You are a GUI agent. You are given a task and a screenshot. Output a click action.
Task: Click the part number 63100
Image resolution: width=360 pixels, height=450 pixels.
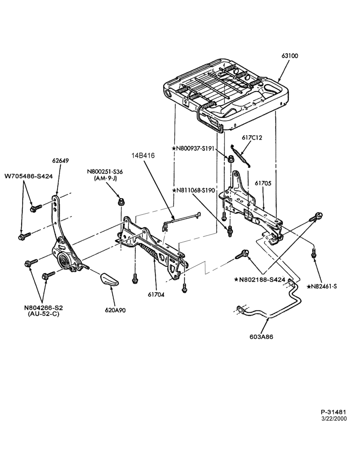tap(290, 56)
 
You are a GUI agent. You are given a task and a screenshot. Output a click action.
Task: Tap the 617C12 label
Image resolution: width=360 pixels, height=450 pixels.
tap(252, 137)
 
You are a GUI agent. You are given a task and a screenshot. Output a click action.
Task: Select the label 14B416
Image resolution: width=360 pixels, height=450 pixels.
tap(143, 156)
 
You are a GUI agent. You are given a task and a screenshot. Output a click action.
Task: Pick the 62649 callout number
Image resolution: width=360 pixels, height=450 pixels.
tap(60, 161)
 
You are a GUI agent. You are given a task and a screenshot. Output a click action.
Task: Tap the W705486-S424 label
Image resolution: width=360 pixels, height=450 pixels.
tap(29, 176)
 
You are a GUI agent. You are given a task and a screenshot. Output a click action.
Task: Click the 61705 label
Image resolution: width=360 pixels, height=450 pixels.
tap(263, 183)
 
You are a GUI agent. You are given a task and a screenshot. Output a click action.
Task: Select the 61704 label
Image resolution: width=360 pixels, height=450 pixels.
tap(156, 294)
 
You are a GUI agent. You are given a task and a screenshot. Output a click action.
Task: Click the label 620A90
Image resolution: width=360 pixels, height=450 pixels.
tap(115, 310)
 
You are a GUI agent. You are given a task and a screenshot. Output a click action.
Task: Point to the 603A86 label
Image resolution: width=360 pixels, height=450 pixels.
tap(261, 337)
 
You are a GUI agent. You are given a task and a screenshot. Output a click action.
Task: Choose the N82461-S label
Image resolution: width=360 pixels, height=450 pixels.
tap(322, 286)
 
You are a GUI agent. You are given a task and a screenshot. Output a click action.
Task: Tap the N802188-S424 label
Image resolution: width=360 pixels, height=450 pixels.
tap(260, 279)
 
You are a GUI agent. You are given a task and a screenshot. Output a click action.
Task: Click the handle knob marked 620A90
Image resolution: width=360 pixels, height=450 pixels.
tap(109, 279)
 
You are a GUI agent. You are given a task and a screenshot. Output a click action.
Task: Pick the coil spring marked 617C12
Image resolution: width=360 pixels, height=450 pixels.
tap(241, 156)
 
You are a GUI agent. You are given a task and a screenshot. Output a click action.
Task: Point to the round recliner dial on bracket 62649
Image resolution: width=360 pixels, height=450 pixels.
tap(64, 261)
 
